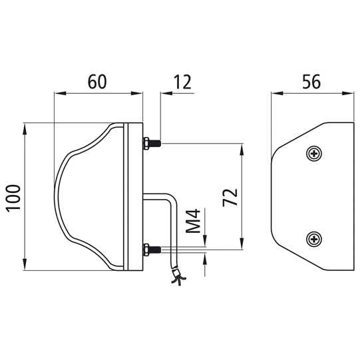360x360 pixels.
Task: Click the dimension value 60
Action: (98, 82)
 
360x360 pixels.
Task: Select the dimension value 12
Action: (182, 82)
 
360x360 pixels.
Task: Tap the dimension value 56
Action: (311, 82)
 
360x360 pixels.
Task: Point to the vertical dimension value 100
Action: (15, 198)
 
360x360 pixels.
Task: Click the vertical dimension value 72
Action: (230, 198)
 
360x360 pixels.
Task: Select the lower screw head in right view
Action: (314, 238)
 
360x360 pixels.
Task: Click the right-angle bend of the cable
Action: (169, 198)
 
